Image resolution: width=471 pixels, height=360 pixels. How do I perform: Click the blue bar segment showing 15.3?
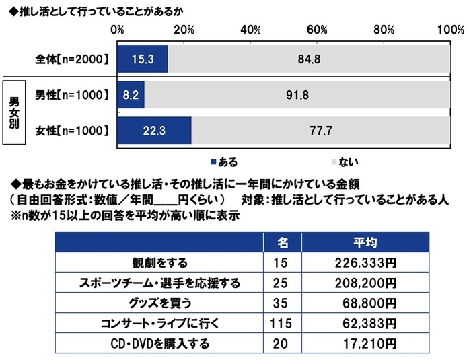click(x=143, y=59)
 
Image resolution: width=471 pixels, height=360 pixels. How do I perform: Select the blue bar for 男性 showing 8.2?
click(x=131, y=95)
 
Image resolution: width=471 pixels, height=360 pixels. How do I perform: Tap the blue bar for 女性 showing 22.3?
click(x=154, y=131)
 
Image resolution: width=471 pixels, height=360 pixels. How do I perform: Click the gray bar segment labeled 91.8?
click(x=297, y=95)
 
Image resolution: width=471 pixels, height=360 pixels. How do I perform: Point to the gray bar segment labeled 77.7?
click(x=320, y=131)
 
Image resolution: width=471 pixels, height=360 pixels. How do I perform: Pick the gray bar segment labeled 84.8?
click(x=308, y=59)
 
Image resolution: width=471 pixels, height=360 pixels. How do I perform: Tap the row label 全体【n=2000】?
click(x=72, y=59)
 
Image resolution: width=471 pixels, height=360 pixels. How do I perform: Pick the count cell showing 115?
click(x=283, y=323)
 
